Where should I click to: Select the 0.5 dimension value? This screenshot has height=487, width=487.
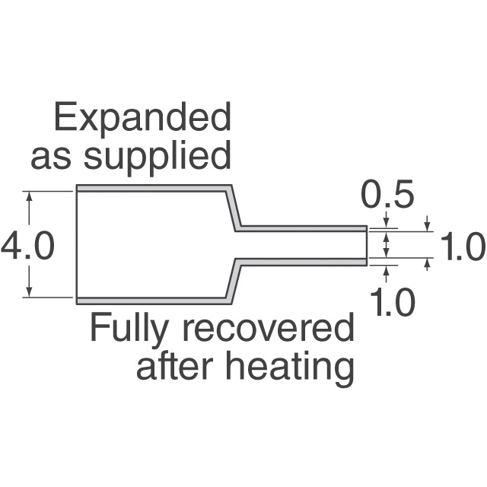[x=388, y=194]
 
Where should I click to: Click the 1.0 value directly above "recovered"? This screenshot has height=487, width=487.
[x=392, y=301]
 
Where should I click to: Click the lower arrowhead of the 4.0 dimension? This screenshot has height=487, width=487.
[x=29, y=291]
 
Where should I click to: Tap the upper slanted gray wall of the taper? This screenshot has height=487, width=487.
[x=234, y=208]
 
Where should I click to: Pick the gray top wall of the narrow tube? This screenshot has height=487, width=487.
[x=301, y=228]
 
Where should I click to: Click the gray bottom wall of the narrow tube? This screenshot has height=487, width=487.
[x=301, y=262]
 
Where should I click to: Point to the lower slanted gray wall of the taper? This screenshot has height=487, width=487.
[x=234, y=281]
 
